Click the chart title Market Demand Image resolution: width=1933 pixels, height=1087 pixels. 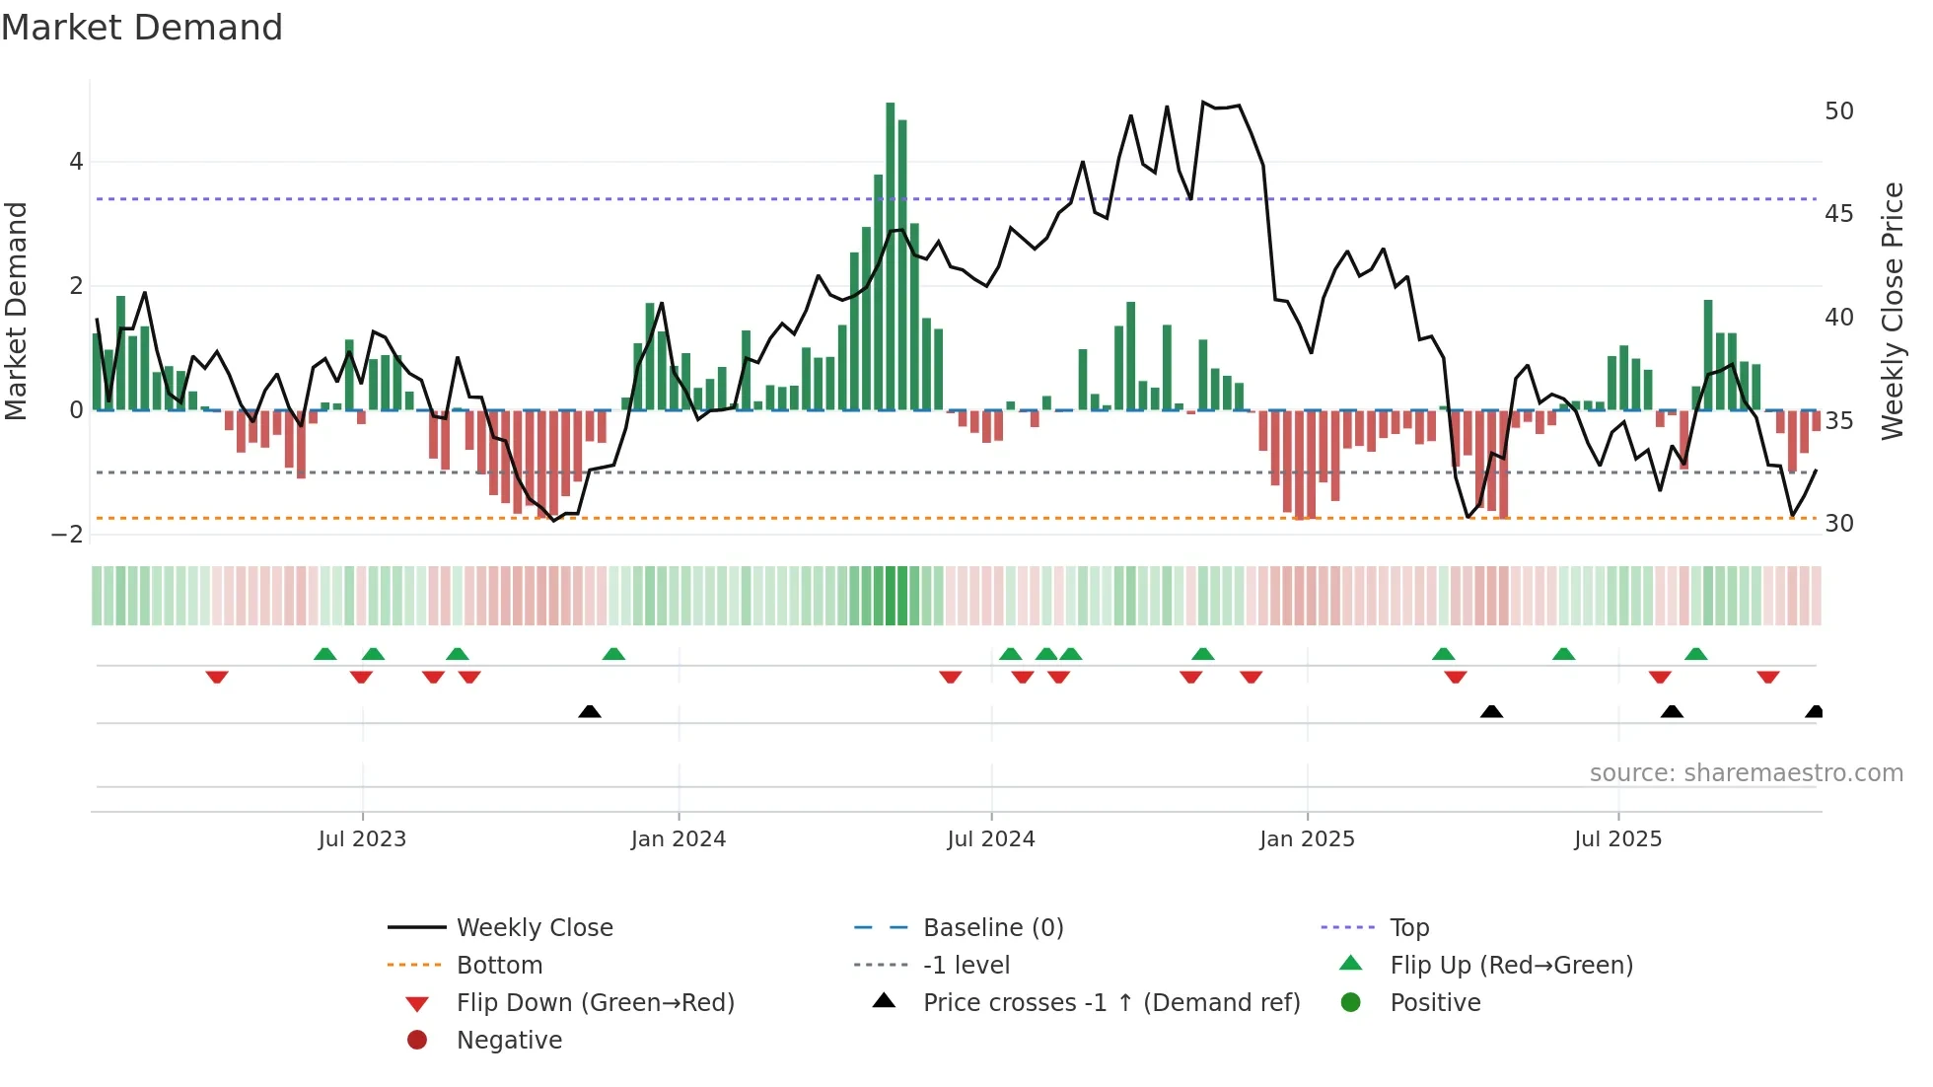tap(142, 28)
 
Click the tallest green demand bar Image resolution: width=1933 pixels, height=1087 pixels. tap(890, 256)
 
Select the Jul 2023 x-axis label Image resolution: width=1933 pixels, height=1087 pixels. tap(362, 839)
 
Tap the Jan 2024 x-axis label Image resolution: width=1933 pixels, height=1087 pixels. tap(679, 839)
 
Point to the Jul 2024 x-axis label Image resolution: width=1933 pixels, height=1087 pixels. tap(991, 839)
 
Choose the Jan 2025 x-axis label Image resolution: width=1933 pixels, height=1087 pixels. tap(1307, 839)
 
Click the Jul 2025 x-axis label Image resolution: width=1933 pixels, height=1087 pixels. tap(1617, 839)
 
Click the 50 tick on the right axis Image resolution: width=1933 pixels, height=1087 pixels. tap(1838, 111)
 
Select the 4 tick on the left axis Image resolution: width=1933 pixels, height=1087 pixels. tap(76, 162)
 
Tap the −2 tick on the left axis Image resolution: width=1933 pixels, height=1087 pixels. tap(68, 535)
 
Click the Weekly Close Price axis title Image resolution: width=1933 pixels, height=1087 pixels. tap(1892, 311)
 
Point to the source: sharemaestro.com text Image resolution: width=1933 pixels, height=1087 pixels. tap(1746, 773)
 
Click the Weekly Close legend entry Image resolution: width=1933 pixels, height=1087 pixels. tap(534, 928)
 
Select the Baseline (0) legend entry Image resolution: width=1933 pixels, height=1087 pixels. tap(992, 928)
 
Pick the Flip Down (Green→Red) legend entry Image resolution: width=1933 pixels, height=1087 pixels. tap(595, 1003)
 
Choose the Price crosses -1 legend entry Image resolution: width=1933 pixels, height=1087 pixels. tap(1110, 1003)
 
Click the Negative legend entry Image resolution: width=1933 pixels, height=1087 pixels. tap(509, 1041)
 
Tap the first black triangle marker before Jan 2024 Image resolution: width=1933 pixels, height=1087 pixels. tap(590, 711)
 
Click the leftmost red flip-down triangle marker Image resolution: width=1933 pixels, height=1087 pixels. tap(217, 677)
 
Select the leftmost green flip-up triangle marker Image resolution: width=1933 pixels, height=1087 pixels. tap(324, 654)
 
